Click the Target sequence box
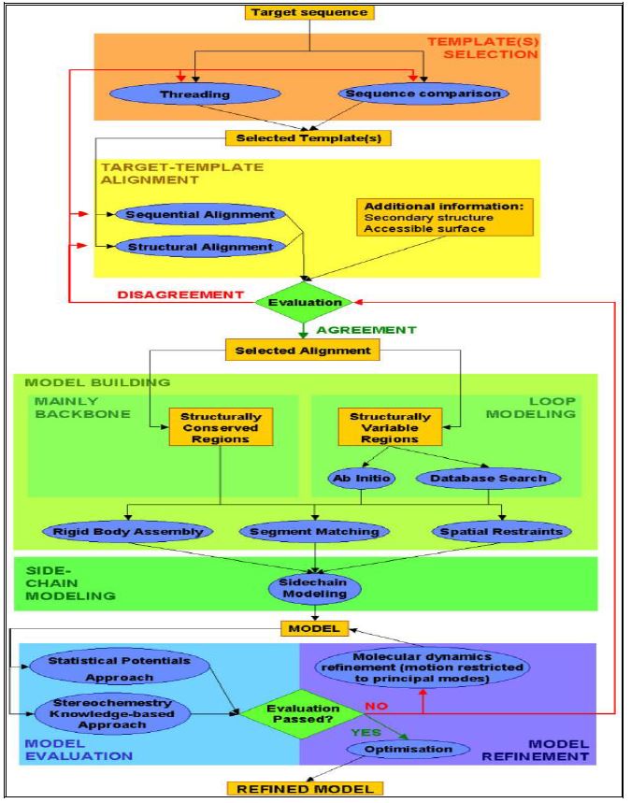(x=308, y=12)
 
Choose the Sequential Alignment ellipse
(x=199, y=214)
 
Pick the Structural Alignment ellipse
(x=199, y=247)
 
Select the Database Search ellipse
(x=481, y=478)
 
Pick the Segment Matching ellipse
(x=314, y=532)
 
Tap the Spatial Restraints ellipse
(x=501, y=532)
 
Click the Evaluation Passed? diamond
(x=290, y=714)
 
